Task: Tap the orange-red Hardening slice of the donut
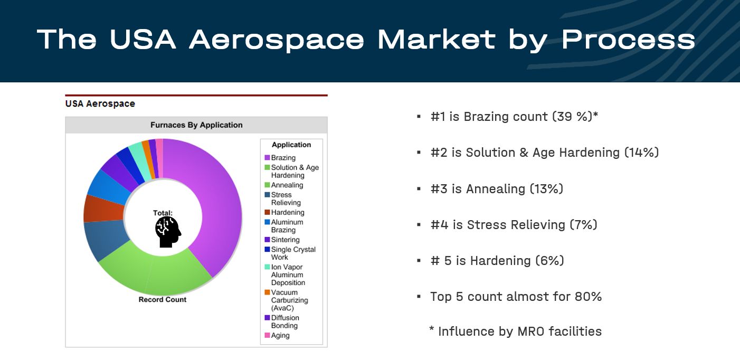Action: coord(103,209)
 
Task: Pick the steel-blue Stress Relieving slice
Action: coord(105,241)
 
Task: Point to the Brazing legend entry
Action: coord(280,157)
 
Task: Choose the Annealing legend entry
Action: coord(284,185)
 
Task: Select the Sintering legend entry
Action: coord(282,240)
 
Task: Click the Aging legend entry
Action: coord(277,335)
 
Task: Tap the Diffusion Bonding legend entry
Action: coord(282,321)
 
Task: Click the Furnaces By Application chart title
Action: coord(196,125)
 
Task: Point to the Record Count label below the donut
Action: coord(163,299)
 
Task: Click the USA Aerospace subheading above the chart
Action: coord(100,103)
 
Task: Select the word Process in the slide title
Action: coord(628,40)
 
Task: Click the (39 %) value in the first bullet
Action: coord(575,117)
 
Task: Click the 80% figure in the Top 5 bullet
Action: coord(588,297)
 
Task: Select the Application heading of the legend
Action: coord(291,145)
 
